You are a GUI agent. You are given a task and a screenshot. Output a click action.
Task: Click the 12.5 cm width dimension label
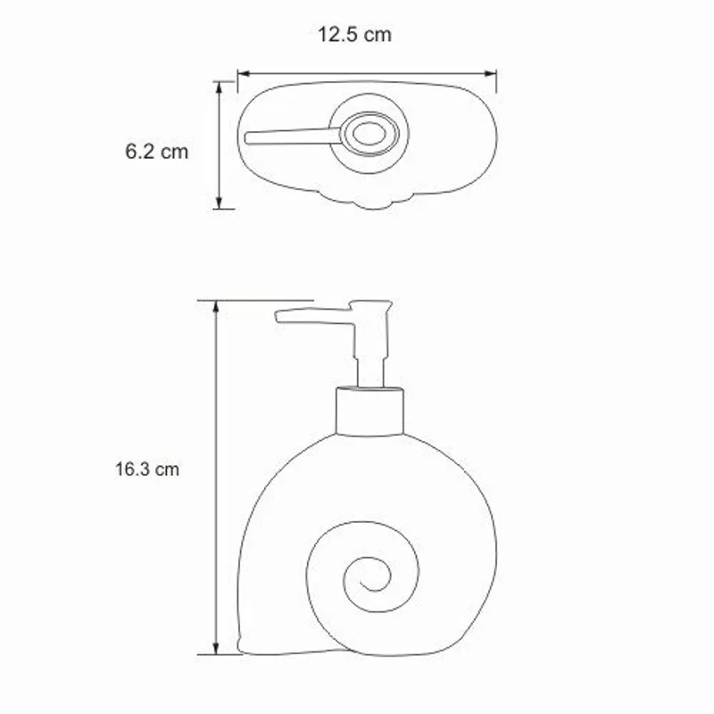354,36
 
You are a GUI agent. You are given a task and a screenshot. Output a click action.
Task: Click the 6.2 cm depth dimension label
156,151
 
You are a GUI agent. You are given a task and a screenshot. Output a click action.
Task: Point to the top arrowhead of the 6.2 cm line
220,86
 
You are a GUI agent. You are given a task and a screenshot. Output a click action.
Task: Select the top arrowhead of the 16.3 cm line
215,306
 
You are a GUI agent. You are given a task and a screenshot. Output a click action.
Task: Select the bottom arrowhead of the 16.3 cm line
215,649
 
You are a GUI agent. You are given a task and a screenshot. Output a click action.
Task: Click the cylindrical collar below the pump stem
369,411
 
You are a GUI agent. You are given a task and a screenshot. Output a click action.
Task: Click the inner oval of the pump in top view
369,135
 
